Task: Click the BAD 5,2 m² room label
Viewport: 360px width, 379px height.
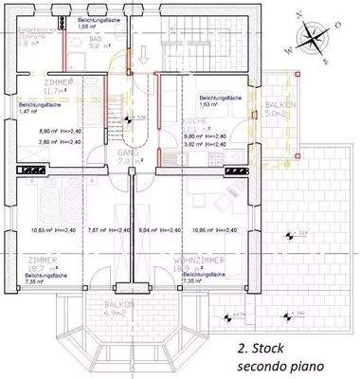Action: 99,41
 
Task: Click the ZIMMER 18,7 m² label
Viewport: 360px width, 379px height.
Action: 43,264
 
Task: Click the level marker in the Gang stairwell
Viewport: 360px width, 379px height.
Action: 139,118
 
